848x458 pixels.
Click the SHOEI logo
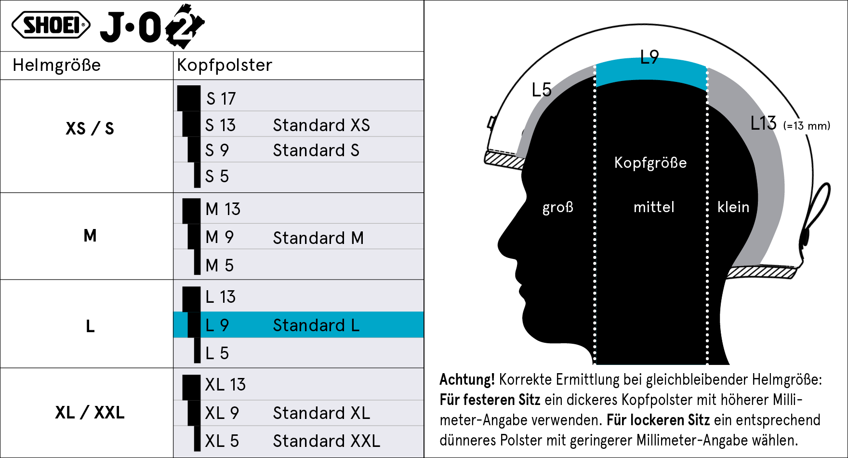point(51,25)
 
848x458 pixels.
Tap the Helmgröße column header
point(57,65)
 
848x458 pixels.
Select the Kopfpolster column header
point(225,65)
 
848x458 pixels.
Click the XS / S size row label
point(90,129)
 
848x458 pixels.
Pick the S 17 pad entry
point(221,99)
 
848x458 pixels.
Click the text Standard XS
point(321,125)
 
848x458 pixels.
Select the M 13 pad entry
point(223,209)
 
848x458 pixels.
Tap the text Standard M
point(318,238)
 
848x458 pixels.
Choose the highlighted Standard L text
point(316,325)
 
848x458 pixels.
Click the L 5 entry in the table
point(217,353)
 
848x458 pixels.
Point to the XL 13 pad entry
point(225,385)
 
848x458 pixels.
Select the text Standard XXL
point(326,441)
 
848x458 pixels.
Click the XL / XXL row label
point(90,413)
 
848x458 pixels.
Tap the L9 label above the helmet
point(649,57)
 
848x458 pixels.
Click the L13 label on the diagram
point(763,123)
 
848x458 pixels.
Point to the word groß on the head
point(558,207)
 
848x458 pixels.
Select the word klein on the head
point(733,207)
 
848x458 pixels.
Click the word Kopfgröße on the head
point(650,163)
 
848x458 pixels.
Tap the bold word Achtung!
point(467,380)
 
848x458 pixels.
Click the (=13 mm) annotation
point(807,126)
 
